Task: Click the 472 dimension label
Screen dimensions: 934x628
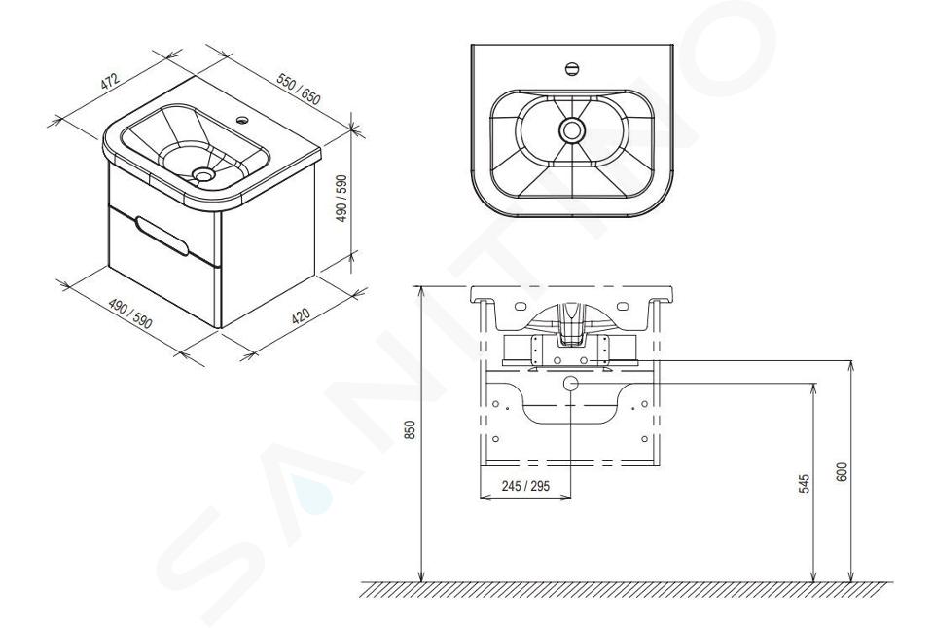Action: [110, 82]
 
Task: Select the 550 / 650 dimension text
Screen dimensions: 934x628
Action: [299, 89]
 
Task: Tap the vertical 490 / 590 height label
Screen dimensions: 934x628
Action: [341, 199]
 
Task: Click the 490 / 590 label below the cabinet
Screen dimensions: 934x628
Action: [130, 314]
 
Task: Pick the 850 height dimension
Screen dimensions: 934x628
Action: [410, 429]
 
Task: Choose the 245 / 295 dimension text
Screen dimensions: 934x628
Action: [525, 486]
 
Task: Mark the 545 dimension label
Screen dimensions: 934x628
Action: [805, 483]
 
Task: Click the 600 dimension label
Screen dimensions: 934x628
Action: [842, 472]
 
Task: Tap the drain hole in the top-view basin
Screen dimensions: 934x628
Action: [572, 129]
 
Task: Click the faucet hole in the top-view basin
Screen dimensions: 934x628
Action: [572, 68]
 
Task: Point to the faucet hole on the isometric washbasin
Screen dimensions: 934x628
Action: [243, 121]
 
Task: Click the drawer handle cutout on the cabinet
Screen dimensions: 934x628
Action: [161, 236]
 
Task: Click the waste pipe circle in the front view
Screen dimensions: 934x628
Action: [571, 383]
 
